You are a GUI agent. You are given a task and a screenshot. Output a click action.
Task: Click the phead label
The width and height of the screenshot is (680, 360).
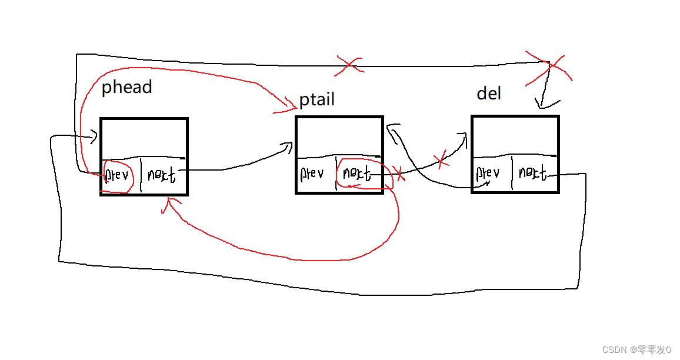tap(126, 88)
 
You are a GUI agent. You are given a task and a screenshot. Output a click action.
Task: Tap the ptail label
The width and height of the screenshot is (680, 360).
tap(317, 100)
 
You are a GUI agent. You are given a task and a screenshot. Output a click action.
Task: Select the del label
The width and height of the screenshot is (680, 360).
tap(489, 94)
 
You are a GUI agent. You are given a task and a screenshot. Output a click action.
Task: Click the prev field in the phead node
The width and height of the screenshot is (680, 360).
tap(117, 176)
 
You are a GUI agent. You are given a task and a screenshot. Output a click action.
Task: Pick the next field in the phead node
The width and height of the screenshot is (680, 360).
tap(162, 175)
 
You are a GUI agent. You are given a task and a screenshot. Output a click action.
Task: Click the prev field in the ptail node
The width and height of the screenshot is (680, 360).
tap(312, 174)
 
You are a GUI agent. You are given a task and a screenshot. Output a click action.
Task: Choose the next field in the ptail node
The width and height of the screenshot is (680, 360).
tap(356, 174)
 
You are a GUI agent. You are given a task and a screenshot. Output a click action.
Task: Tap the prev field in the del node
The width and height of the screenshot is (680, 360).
tap(488, 173)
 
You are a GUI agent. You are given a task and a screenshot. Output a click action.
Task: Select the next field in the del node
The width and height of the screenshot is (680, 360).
tap(532, 173)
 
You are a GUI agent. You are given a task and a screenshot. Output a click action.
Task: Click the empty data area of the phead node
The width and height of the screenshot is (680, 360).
tap(144, 138)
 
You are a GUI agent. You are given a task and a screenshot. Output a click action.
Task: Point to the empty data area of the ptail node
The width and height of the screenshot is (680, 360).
tap(339, 136)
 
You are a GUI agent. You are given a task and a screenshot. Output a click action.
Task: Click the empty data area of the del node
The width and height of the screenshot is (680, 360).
tap(515, 136)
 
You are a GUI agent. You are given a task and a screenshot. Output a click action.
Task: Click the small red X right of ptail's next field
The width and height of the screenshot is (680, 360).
tap(399, 174)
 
